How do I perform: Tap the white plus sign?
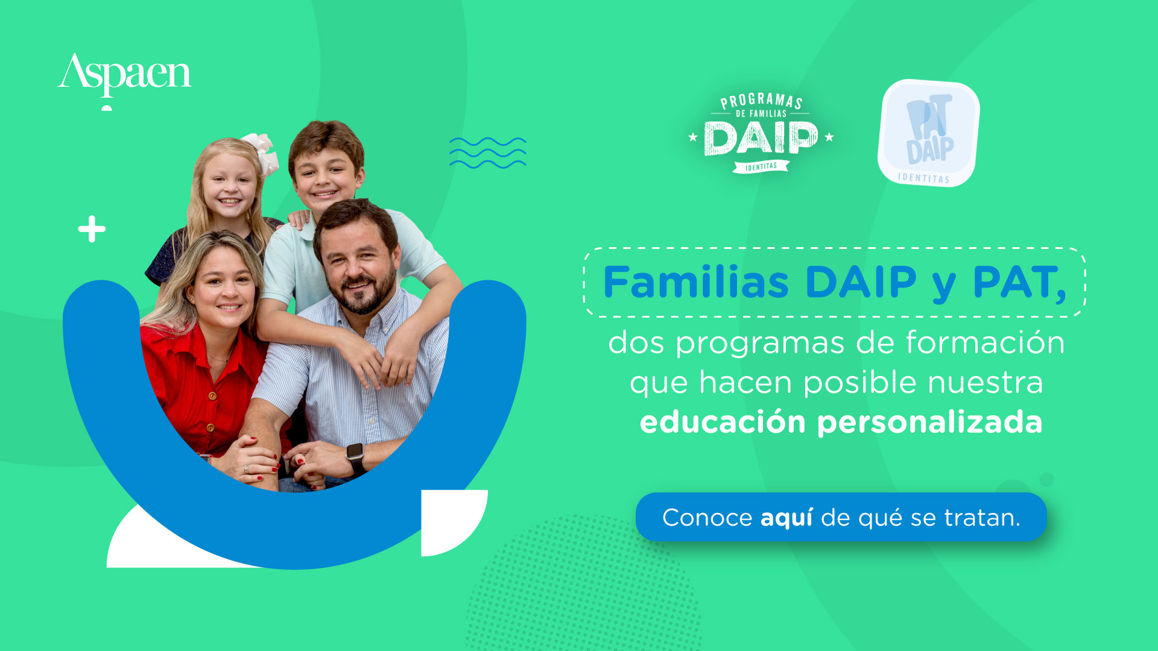click(x=92, y=229)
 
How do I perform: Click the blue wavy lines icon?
click(x=487, y=153)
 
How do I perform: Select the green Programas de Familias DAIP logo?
click(x=761, y=133)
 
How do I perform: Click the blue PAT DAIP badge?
click(x=929, y=133)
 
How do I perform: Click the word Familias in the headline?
click(x=696, y=282)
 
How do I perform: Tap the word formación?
click(x=986, y=342)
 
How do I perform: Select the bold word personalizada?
click(x=929, y=423)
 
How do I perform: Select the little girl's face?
click(x=229, y=187)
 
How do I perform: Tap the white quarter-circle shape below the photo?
click(x=454, y=523)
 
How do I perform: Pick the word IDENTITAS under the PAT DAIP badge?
click(x=923, y=178)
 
